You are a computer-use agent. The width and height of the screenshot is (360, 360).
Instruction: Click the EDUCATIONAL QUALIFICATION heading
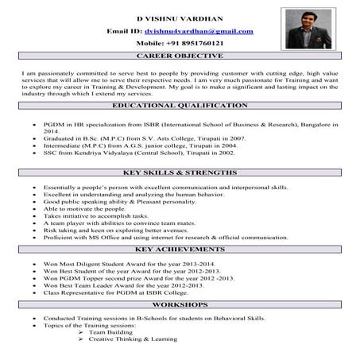(x=180, y=106)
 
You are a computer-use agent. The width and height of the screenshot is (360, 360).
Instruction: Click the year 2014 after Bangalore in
(x=51, y=133)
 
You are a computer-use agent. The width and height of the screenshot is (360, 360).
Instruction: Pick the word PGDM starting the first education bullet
(x=53, y=126)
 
